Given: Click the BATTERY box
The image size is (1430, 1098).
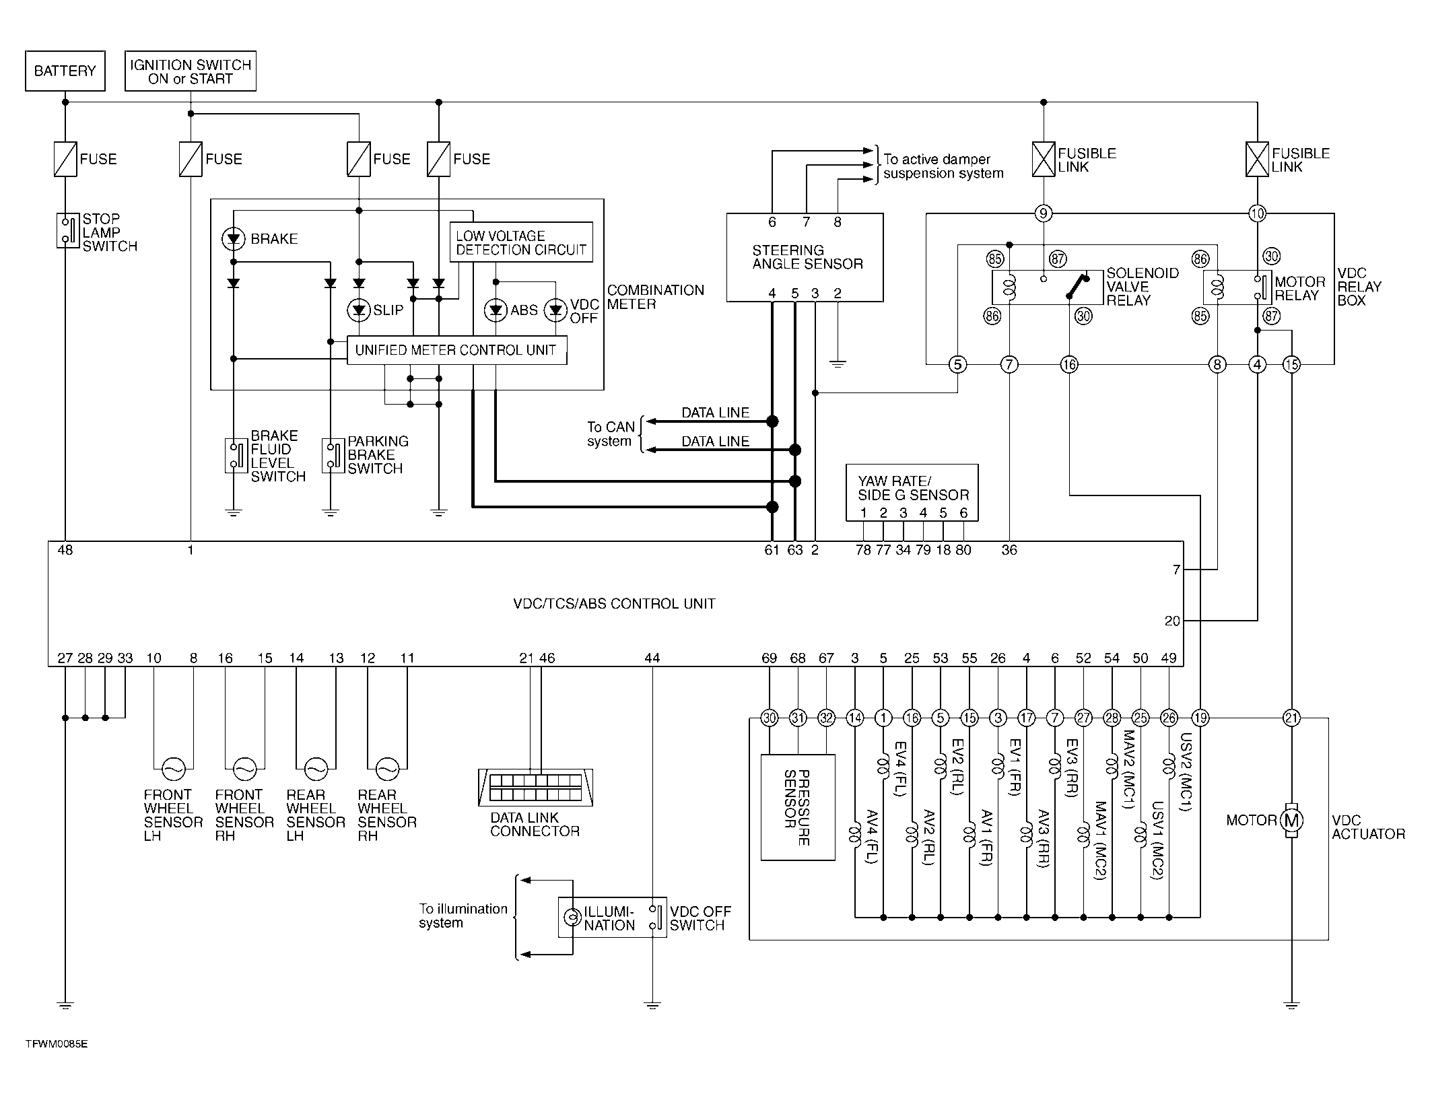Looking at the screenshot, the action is (65, 71).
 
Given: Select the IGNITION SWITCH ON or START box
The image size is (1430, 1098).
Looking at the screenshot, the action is (191, 71).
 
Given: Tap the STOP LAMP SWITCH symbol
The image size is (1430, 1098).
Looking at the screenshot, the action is (67, 230).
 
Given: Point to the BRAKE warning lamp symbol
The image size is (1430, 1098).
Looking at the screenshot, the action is (233, 238).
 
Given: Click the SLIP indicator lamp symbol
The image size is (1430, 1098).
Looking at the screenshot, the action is (359, 310).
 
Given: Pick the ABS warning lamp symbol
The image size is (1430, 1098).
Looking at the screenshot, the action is (496, 310).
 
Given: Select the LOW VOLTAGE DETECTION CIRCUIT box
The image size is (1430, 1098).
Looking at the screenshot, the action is (521, 242).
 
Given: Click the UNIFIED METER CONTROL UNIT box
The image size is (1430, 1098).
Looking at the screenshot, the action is (456, 350).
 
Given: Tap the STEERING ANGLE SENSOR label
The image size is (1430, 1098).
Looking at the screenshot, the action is (807, 257).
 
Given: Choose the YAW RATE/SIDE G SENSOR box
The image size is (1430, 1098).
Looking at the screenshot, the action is (912, 493).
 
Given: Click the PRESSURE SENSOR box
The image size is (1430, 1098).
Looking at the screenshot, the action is (798, 807).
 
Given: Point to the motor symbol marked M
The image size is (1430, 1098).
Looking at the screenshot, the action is (1291, 820).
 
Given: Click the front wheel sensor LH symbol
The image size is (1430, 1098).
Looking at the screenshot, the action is (174, 768).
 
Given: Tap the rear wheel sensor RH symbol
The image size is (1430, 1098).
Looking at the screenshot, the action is (387, 768).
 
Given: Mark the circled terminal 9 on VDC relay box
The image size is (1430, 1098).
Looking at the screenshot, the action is (1043, 213).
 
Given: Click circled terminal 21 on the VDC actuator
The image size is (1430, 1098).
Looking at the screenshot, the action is (1291, 718).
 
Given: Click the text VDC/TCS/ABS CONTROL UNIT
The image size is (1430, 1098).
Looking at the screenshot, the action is (614, 603).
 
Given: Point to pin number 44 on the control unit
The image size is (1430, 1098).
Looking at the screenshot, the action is (652, 658).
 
